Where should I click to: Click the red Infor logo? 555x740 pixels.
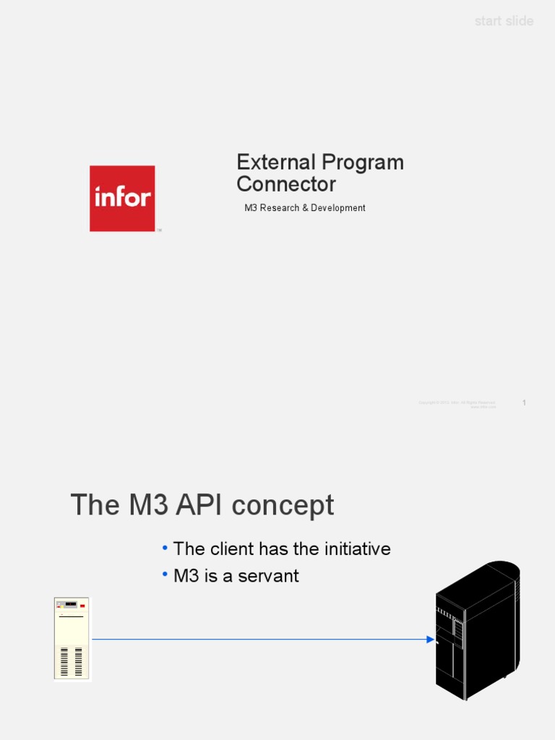pyautogui.click(x=122, y=198)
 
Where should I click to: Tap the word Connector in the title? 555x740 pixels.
pyautogui.click(x=286, y=184)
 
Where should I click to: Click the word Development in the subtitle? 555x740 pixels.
pyautogui.click(x=338, y=208)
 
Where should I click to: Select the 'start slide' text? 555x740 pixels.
pyautogui.click(x=504, y=21)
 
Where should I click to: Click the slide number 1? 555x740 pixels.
pyautogui.click(x=524, y=403)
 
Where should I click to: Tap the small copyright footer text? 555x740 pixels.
pyautogui.click(x=457, y=404)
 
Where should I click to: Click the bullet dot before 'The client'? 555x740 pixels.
pyautogui.click(x=165, y=548)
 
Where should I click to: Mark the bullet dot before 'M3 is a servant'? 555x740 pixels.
pyautogui.click(x=165, y=575)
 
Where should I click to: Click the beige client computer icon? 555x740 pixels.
pyautogui.click(x=72, y=639)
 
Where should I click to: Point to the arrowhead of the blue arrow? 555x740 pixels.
pyautogui.click(x=430, y=639)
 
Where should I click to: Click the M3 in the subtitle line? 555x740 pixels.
pyautogui.click(x=251, y=208)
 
